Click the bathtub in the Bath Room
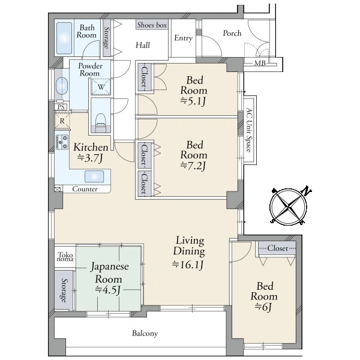pyautogui.click(x=64, y=38)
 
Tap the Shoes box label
pyautogui.click(x=152, y=25)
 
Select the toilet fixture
pyautogui.click(x=100, y=121)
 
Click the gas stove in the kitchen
pyautogui.click(x=62, y=142)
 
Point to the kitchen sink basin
pyautogui.click(x=94, y=176)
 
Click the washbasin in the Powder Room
pyautogui.click(x=62, y=86)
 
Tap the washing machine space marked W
pyautogui.click(x=101, y=87)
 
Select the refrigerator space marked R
pyautogui.click(x=62, y=121)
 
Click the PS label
pyautogui.click(x=61, y=107)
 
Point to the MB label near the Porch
pyautogui.click(x=260, y=63)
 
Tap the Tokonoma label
pyautogui.click(x=65, y=257)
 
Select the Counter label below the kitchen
pyautogui.click(x=85, y=189)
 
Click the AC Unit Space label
pyautogui.click(x=248, y=130)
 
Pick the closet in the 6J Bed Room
pyautogui.click(x=277, y=248)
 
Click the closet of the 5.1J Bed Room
pyautogui.click(x=144, y=77)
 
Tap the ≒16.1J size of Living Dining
pyautogui.click(x=188, y=265)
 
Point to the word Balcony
pyautogui.click(x=145, y=334)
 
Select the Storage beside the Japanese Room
pyautogui.click(x=64, y=290)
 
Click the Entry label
pyautogui.click(x=183, y=38)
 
